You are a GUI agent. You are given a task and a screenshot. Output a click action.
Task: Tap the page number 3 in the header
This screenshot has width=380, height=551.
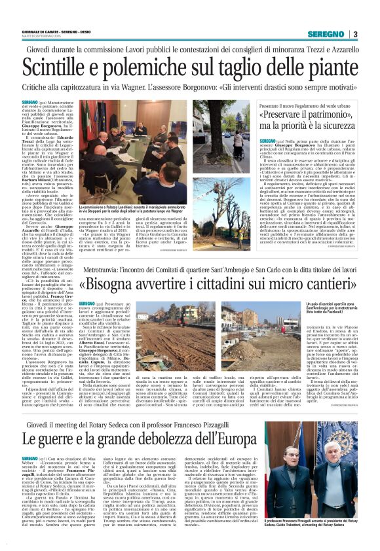point(354,34)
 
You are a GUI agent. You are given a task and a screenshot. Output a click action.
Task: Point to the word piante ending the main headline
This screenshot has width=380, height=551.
point(322,67)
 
